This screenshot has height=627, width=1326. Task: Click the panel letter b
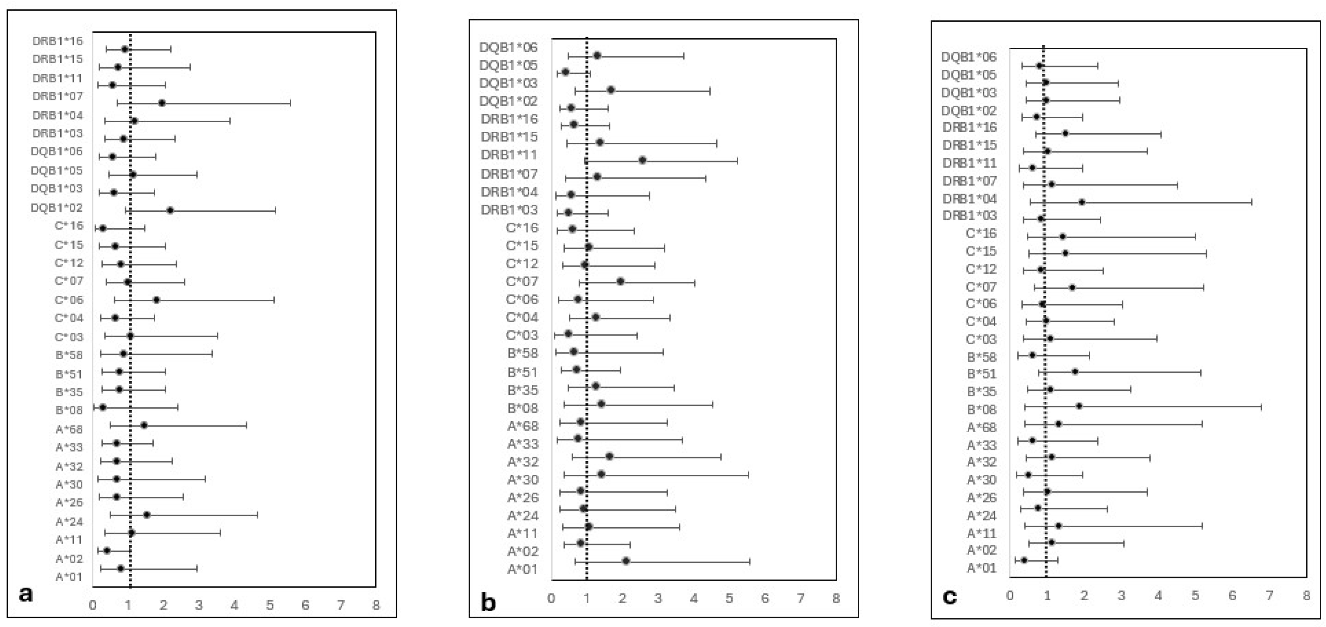point(488,602)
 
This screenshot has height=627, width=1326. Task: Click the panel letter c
point(949,597)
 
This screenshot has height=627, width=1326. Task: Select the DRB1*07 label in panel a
point(57,96)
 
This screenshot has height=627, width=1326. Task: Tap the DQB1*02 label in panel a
point(57,207)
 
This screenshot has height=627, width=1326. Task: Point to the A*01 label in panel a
point(69,577)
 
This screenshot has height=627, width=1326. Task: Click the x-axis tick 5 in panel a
point(270,605)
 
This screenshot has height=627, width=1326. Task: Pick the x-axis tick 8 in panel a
point(376,605)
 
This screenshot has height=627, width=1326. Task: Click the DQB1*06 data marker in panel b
point(597,56)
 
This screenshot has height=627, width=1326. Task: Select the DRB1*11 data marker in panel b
point(642,160)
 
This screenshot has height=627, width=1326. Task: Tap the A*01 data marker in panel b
point(626,561)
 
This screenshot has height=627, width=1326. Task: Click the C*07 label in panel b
point(522,282)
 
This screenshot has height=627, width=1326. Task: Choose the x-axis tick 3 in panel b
point(658,598)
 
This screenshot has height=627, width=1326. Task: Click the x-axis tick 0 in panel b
point(551,598)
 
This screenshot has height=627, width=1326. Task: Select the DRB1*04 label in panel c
point(970,199)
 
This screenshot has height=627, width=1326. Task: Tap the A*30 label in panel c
point(981,480)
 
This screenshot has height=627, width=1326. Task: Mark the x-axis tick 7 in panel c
point(1269,595)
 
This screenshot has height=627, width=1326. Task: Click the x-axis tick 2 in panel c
point(1084,595)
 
